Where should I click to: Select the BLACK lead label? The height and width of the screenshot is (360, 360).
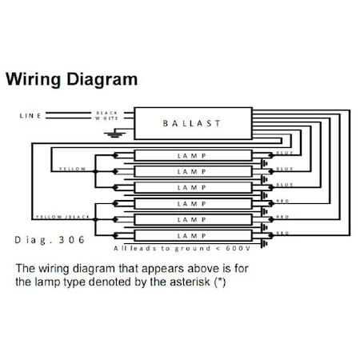click(106, 113)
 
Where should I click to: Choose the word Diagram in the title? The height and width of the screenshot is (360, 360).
click(102, 80)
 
